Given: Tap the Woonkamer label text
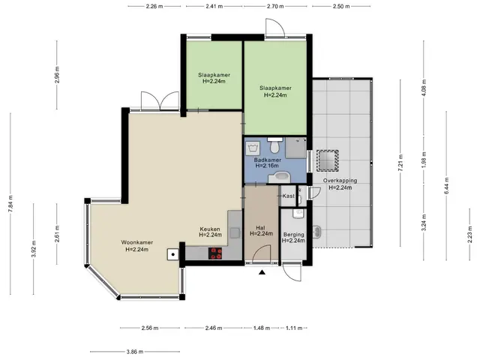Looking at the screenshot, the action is pyautogui.click(x=136, y=242).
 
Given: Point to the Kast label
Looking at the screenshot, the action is pyautogui.click(x=288, y=196).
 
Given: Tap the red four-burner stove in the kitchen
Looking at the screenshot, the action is pyautogui.click(x=215, y=253).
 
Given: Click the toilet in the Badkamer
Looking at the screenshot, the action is pyautogui.click(x=274, y=145).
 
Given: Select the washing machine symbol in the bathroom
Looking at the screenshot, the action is pyautogui.click(x=253, y=148).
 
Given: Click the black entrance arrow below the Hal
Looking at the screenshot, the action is pyautogui.click(x=262, y=272).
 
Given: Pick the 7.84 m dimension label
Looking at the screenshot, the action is pyautogui.click(x=10, y=203).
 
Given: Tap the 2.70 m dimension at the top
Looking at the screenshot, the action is pyautogui.click(x=275, y=6).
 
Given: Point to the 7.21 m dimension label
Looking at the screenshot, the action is pyautogui.click(x=400, y=163).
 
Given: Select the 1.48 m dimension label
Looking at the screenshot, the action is pyautogui.click(x=262, y=328).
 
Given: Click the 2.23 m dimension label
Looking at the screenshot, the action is pyautogui.click(x=470, y=235).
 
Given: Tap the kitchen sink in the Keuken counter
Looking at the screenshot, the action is pyautogui.click(x=235, y=233).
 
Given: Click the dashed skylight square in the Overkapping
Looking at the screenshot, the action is pyautogui.click(x=327, y=160).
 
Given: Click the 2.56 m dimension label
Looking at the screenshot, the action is pyautogui.click(x=150, y=328).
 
